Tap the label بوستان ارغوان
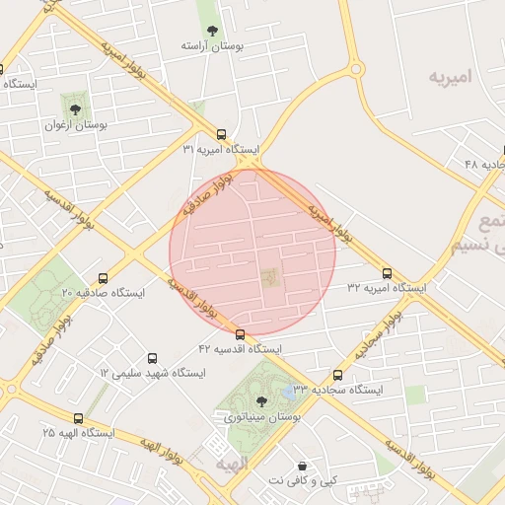pyautogui.click(x=76, y=125)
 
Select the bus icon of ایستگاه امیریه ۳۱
pyautogui.click(x=221, y=134)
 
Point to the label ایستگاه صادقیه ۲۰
pyautogui.click(x=103, y=294)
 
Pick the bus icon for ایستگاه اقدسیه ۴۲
pyautogui.click(x=241, y=334)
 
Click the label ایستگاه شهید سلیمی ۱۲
pyautogui.click(x=152, y=374)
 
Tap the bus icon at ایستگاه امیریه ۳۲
pyautogui.click(x=387, y=273)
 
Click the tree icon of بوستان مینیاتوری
pyautogui.click(x=261, y=400)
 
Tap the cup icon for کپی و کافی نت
pyautogui.click(x=302, y=465)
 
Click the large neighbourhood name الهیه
pyautogui.click(x=235, y=464)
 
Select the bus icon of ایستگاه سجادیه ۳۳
pyautogui.click(x=337, y=375)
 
